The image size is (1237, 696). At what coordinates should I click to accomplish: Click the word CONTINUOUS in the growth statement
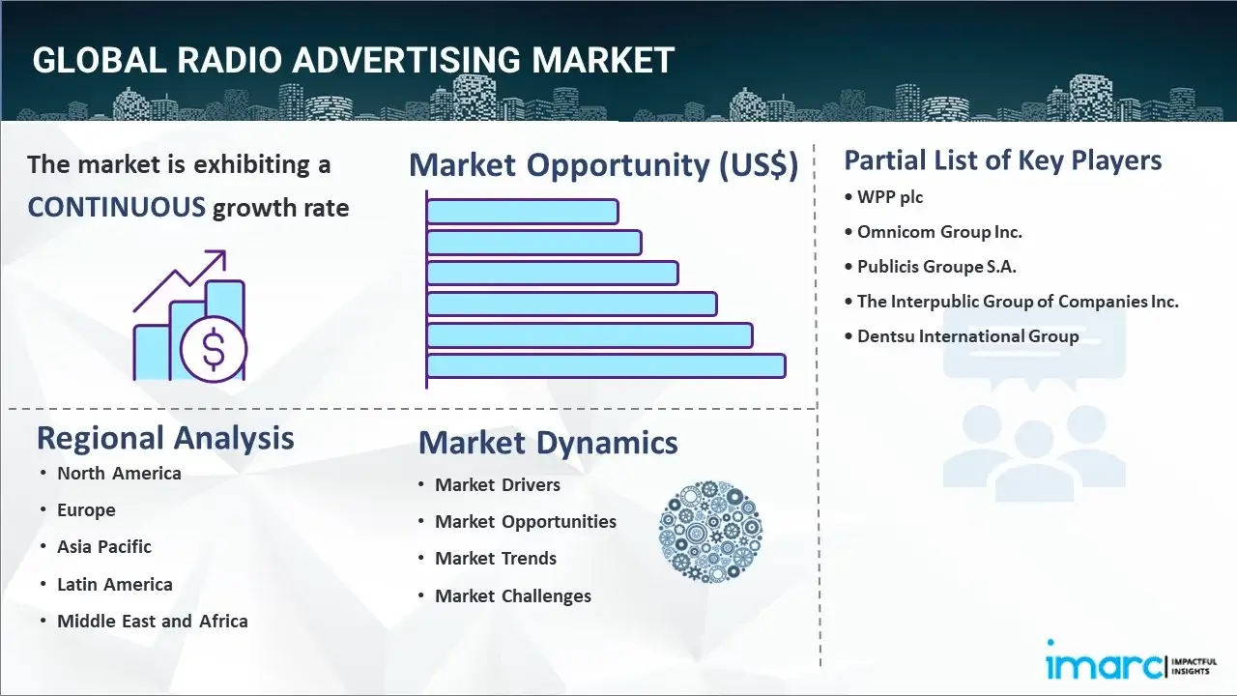tap(116, 207)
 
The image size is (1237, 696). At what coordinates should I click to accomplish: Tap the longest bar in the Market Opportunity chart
tap(606, 365)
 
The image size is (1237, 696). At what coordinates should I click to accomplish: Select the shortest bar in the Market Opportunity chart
tap(522, 211)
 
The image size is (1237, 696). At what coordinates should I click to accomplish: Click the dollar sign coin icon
tap(214, 350)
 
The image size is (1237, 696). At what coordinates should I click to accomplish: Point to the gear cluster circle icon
tap(710, 532)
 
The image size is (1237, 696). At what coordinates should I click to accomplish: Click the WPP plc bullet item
tap(890, 197)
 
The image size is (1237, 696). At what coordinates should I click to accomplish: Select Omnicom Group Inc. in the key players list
tap(939, 232)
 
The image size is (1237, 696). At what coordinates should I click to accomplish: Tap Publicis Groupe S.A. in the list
tap(936, 267)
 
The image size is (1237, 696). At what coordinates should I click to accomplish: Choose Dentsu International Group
tap(967, 336)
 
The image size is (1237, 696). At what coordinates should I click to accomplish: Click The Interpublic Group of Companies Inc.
tap(1018, 302)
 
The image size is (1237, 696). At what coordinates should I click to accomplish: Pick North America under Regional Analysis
tap(119, 473)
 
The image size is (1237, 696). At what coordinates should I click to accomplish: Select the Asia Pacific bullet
tap(104, 547)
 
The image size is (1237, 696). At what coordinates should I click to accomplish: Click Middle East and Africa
tap(153, 622)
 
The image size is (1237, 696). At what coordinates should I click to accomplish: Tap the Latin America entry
tap(115, 585)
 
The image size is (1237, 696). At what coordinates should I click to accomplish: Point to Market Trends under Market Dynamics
tap(496, 559)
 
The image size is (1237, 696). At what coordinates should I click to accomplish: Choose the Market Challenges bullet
tap(513, 596)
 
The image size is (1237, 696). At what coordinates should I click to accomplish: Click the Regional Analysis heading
tap(165, 438)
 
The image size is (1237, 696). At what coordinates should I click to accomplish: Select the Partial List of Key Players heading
tap(1003, 160)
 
